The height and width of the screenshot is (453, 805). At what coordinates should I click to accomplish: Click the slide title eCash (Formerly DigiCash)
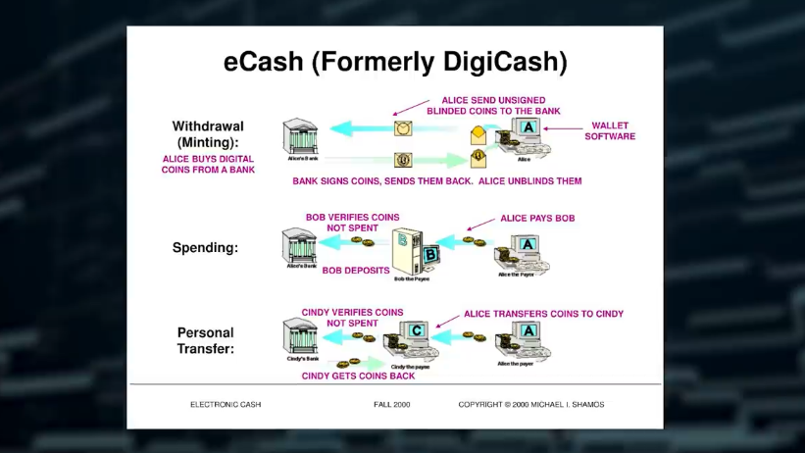click(x=395, y=62)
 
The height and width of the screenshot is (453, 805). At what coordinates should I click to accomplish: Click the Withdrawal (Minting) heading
click(x=207, y=134)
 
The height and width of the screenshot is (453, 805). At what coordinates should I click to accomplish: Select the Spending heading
click(x=205, y=248)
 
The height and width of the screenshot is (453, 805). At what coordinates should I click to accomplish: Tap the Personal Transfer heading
click(x=206, y=340)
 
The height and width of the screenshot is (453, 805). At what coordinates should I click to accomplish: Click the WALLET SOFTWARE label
click(x=610, y=131)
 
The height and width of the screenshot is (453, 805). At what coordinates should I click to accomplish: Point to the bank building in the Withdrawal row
click(x=299, y=136)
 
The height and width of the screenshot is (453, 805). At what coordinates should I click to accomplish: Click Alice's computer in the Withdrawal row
click(x=525, y=135)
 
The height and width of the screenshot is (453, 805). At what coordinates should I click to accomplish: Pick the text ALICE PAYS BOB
click(x=537, y=218)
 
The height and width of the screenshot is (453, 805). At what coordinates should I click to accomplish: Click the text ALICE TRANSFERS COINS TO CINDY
click(x=543, y=314)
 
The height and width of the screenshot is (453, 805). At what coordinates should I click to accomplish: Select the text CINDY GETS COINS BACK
click(x=358, y=376)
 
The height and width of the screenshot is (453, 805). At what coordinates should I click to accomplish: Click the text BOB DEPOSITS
click(x=356, y=271)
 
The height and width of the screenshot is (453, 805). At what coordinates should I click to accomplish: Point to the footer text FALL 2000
click(x=391, y=404)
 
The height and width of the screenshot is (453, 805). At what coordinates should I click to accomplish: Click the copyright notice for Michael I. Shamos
click(x=529, y=404)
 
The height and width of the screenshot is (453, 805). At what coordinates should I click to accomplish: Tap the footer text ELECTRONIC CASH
click(x=226, y=404)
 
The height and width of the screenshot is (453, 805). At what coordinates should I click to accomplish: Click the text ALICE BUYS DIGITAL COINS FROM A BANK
click(x=208, y=164)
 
